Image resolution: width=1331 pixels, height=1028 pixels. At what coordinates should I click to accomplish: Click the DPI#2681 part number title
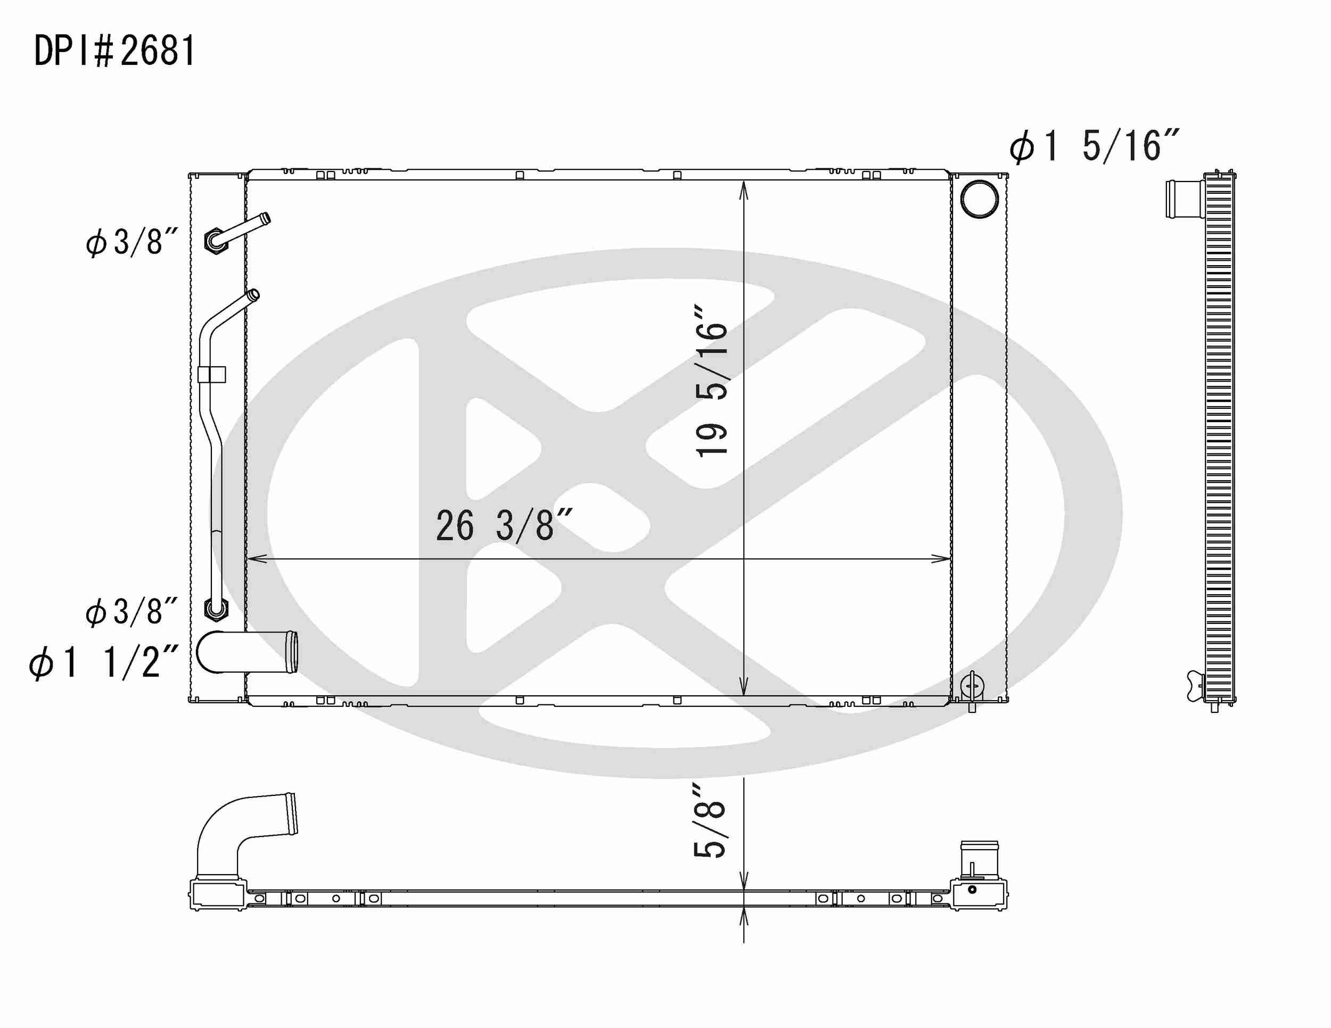[x=114, y=51]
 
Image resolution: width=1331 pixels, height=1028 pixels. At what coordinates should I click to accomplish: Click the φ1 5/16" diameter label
[x=1094, y=147]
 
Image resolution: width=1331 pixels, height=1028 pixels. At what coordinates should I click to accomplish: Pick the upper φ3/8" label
[x=132, y=241]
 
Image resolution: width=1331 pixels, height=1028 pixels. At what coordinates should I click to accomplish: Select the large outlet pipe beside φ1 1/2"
[x=250, y=652]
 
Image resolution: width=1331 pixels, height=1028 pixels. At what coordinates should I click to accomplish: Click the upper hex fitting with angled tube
[x=215, y=240]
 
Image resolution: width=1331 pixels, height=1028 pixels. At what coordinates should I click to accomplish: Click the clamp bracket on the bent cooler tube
[x=211, y=374]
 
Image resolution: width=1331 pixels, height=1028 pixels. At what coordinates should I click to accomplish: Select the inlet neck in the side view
[x=1184, y=199]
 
